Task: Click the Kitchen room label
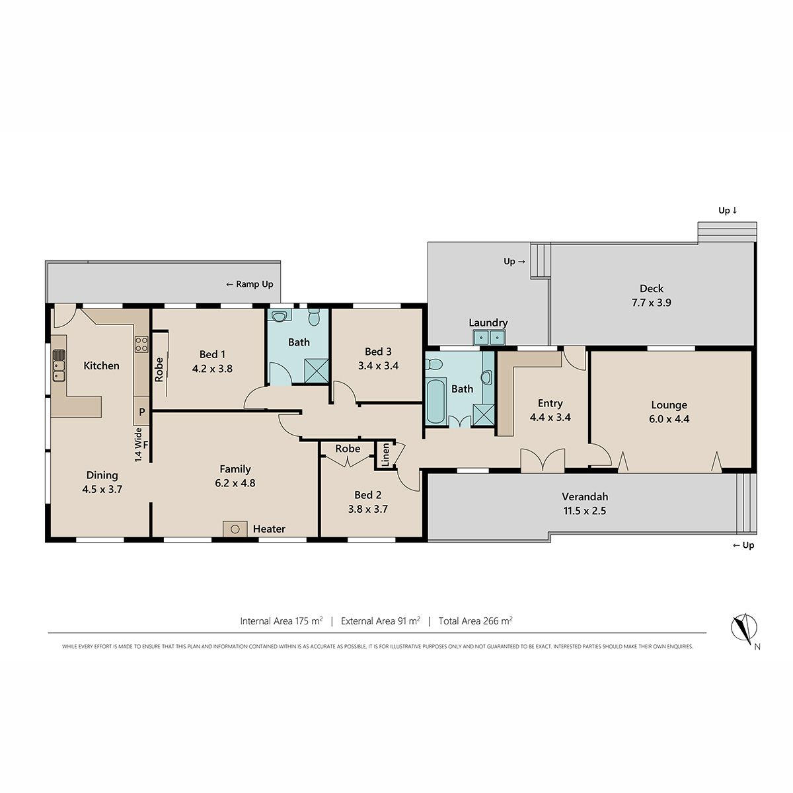[101, 365]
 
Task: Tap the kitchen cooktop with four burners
[141, 344]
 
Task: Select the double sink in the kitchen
[59, 365]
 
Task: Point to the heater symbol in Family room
[235, 529]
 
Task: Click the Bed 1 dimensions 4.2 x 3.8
[212, 368]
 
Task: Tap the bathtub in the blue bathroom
[435, 401]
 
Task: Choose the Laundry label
[488, 322]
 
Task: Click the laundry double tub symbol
[489, 338]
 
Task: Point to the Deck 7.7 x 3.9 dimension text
[652, 303]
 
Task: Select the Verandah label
[585, 496]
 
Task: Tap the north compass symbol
[744, 629]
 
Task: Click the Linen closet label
[385, 455]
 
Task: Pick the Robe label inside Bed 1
[159, 369]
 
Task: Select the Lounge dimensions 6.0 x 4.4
[669, 418]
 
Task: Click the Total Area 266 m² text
[475, 621]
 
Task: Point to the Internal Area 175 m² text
[282, 621]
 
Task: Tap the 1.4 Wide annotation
[138, 445]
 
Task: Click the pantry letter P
[142, 412]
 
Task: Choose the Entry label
[550, 403]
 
